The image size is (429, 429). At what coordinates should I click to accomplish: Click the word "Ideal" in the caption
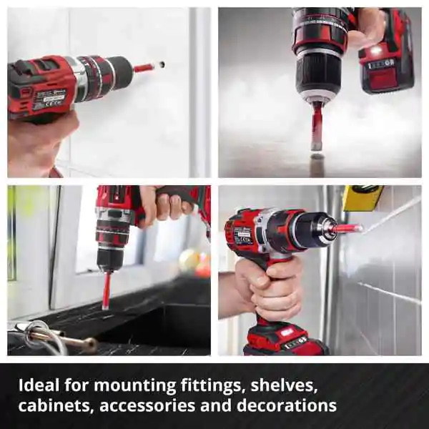tap(39, 385)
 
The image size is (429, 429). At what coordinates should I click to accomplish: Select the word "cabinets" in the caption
tap(54, 405)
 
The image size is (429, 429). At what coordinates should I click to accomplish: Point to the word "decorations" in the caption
tap(287, 405)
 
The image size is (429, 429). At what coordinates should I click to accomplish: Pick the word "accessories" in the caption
tap(147, 405)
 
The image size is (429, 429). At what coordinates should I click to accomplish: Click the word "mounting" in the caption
tap(135, 385)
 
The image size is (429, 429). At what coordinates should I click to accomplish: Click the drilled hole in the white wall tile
tap(162, 64)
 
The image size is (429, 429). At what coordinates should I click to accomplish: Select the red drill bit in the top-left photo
tap(144, 67)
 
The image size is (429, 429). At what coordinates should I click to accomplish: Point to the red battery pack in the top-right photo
tap(387, 55)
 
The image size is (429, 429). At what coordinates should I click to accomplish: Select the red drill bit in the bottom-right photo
tap(347, 227)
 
